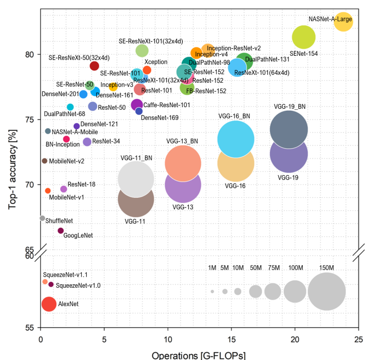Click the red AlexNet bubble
coord(49,304)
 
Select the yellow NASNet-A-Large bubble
coord(343,21)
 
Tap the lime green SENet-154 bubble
coord(304,36)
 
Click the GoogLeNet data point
coord(61,230)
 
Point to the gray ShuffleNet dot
coord(42,218)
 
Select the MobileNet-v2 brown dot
coord(44,161)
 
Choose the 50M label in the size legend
coord(255,268)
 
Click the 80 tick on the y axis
coord(30,54)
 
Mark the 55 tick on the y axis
coord(30,328)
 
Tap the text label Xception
coord(156,61)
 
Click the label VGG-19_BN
coord(290,106)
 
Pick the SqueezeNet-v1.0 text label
coord(78,286)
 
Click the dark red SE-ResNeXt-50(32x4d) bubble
coord(94,66)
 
